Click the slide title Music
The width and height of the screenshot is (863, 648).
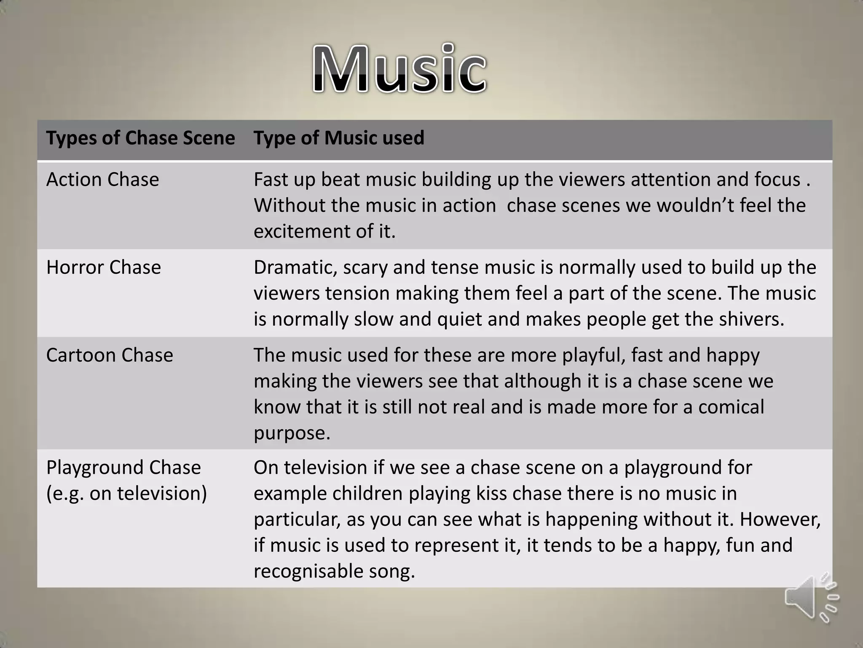[399, 69]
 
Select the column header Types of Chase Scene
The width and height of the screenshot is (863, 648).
[140, 138]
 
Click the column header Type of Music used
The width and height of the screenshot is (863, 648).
[339, 138]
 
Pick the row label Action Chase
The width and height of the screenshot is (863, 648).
[102, 179]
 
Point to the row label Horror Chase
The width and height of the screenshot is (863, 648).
[103, 267]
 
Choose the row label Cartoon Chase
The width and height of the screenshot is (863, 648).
[110, 355]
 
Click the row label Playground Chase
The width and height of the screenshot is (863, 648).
[123, 467]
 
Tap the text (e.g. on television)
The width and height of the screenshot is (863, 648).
[126, 493]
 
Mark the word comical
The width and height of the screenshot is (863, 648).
[731, 407]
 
